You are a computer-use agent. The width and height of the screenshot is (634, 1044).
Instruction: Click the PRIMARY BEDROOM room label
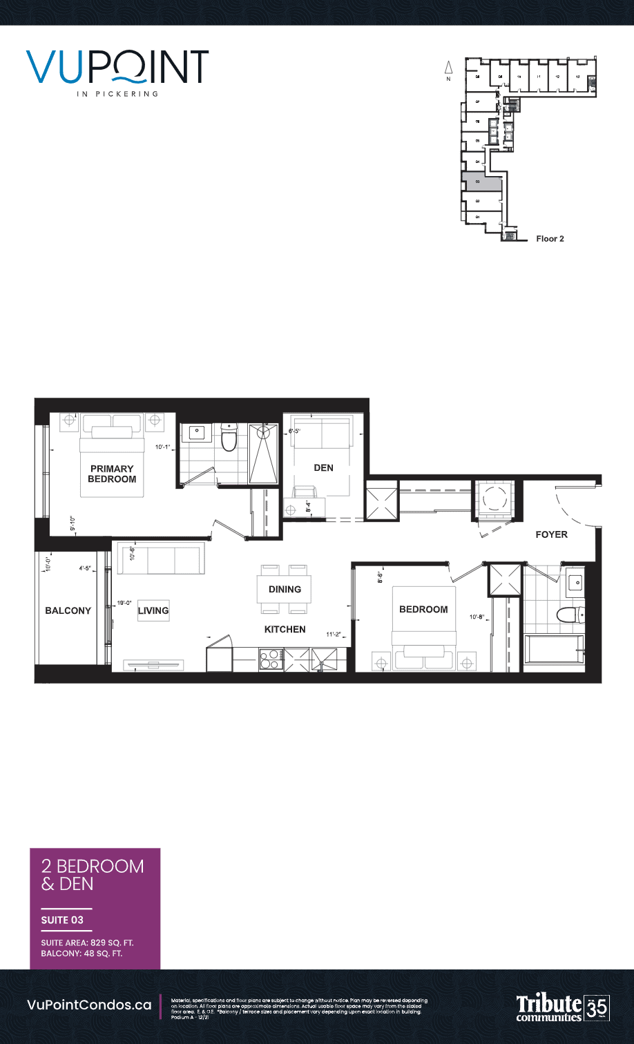coord(111,474)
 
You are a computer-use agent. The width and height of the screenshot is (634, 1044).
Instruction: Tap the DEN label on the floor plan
coord(323,467)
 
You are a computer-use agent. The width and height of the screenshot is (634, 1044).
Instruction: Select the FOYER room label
coord(551,534)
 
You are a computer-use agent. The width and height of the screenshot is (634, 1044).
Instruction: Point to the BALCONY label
coord(68,610)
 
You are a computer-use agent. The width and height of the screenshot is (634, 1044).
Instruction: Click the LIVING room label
coord(153,610)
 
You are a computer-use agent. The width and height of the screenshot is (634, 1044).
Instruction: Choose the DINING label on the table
coord(285,589)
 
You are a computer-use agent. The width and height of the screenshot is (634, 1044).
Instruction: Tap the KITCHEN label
coord(285,629)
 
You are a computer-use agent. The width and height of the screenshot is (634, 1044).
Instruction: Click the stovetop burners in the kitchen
coord(270,659)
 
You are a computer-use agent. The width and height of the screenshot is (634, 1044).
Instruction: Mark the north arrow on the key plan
coord(448,68)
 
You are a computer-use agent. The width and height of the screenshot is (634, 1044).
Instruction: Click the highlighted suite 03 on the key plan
coord(482,184)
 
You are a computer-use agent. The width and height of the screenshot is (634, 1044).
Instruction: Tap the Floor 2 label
coord(550,239)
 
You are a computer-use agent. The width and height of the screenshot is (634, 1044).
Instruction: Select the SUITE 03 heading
coord(62,920)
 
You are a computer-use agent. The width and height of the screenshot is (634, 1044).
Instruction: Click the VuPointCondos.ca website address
coord(89,1005)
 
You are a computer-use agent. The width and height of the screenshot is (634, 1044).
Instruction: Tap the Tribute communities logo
coord(549,1008)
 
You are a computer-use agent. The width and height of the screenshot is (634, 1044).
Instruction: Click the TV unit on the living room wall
coord(153,664)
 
